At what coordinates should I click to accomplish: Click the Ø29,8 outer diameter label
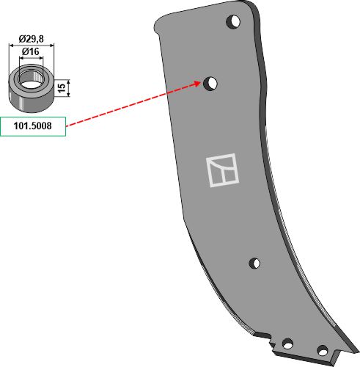[32, 38]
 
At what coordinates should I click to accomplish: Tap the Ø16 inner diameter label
[30, 51]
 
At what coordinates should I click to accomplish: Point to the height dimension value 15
[62, 88]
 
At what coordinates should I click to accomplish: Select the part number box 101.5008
[33, 126]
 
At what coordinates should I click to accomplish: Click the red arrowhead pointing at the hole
[197, 84]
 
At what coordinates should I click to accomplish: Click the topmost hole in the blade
[233, 22]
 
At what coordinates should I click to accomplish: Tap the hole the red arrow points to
[210, 84]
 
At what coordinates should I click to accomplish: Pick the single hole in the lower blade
[254, 264]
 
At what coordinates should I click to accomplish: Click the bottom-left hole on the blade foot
[287, 344]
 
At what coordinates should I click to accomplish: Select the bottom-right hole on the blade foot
[323, 351]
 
